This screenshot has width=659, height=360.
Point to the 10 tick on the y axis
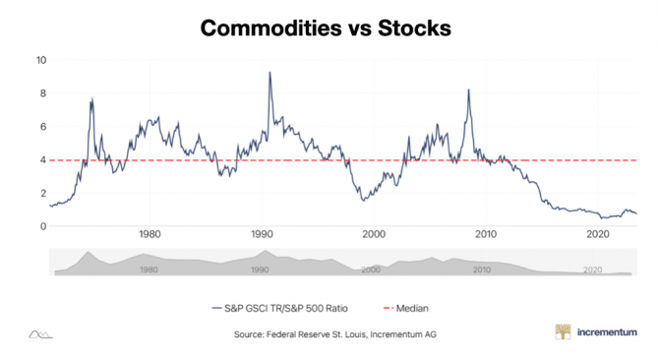(40, 60)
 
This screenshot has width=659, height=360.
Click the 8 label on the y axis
(42, 93)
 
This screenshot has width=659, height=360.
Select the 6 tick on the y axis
(42, 127)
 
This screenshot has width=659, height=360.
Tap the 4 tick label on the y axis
(42, 160)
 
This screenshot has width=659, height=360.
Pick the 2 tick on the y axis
(42, 194)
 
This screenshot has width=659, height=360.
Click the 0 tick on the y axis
(42, 226)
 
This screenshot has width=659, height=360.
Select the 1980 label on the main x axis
(150, 235)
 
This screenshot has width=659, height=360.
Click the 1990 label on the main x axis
(262, 235)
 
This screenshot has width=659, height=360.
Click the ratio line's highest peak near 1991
(270, 73)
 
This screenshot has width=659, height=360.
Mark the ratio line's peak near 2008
(468, 90)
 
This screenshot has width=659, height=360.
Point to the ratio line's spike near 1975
(92, 99)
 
